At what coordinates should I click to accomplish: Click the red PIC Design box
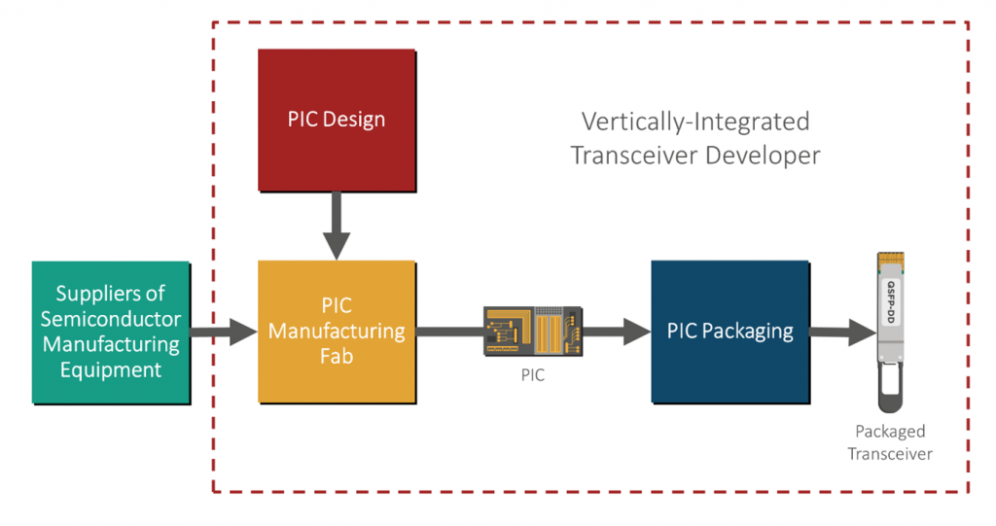pyautogui.click(x=337, y=120)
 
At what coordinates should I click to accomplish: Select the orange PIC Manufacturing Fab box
pyautogui.click(x=337, y=332)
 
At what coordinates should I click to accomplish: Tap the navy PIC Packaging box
pyautogui.click(x=730, y=332)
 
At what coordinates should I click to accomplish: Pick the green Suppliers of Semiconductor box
pyautogui.click(x=111, y=333)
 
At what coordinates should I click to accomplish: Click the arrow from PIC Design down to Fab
pyautogui.click(x=337, y=226)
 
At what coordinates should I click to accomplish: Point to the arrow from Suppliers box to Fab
pyautogui.click(x=224, y=332)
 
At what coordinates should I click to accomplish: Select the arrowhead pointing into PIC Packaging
pyautogui.click(x=637, y=332)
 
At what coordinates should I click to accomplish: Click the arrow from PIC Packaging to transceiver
pyautogui.click(x=843, y=333)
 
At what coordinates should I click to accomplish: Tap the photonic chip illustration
pyautogui.click(x=533, y=331)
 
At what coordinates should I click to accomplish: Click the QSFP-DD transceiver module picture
pyautogui.click(x=891, y=333)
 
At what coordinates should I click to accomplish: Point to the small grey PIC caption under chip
pyautogui.click(x=533, y=374)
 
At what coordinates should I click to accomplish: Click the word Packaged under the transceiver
pyautogui.click(x=890, y=432)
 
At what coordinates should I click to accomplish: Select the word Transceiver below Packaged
pyautogui.click(x=890, y=454)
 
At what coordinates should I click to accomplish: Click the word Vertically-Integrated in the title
pyautogui.click(x=695, y=122)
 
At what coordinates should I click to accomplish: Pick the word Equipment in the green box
pyautogui.click(x=111, y=370)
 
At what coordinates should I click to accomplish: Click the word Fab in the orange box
pyautogui.click(x=337, y=357)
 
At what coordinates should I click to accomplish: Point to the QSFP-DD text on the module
pyautogui.click(x=891, y=301)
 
